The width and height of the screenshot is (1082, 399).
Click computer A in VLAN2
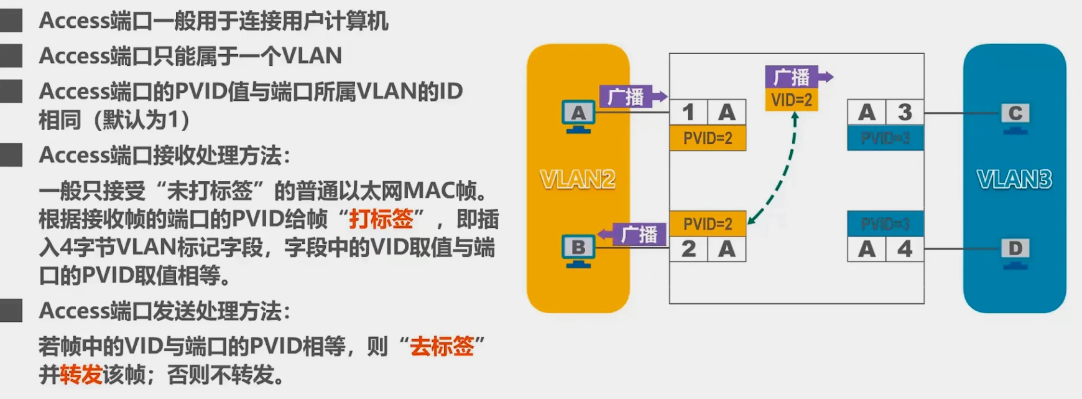(x=578, y=116)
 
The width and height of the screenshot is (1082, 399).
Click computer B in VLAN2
(x=578, y=251)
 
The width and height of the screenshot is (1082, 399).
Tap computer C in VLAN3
(x=1015, y=118)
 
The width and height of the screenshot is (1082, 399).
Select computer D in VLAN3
(x=1015, y=253)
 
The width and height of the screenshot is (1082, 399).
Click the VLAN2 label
(x=578, y=179)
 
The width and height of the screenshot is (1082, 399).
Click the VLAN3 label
(x=1014, y=179)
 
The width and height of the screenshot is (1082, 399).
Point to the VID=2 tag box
(x=791, y=100)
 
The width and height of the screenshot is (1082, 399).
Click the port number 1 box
(x=688, y=113)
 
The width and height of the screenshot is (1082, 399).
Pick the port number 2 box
(x=688, y=249)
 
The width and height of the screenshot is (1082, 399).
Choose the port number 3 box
(x=905, y=113)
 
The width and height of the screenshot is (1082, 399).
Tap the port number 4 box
(x=905, y=249)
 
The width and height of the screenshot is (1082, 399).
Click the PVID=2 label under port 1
(x=708, y=138)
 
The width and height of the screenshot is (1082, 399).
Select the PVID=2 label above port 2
(x=708, y=223)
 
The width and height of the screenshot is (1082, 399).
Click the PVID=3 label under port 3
(x=885, y=138)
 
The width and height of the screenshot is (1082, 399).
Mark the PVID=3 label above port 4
(x=885, y=223)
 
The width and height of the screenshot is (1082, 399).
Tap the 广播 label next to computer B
(x=639, y=235)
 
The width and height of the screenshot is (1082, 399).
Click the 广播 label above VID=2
(x=792, y=77)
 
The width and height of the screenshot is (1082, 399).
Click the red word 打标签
(x=381, y=219)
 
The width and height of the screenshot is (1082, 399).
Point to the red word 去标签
(x=442, y=345)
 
